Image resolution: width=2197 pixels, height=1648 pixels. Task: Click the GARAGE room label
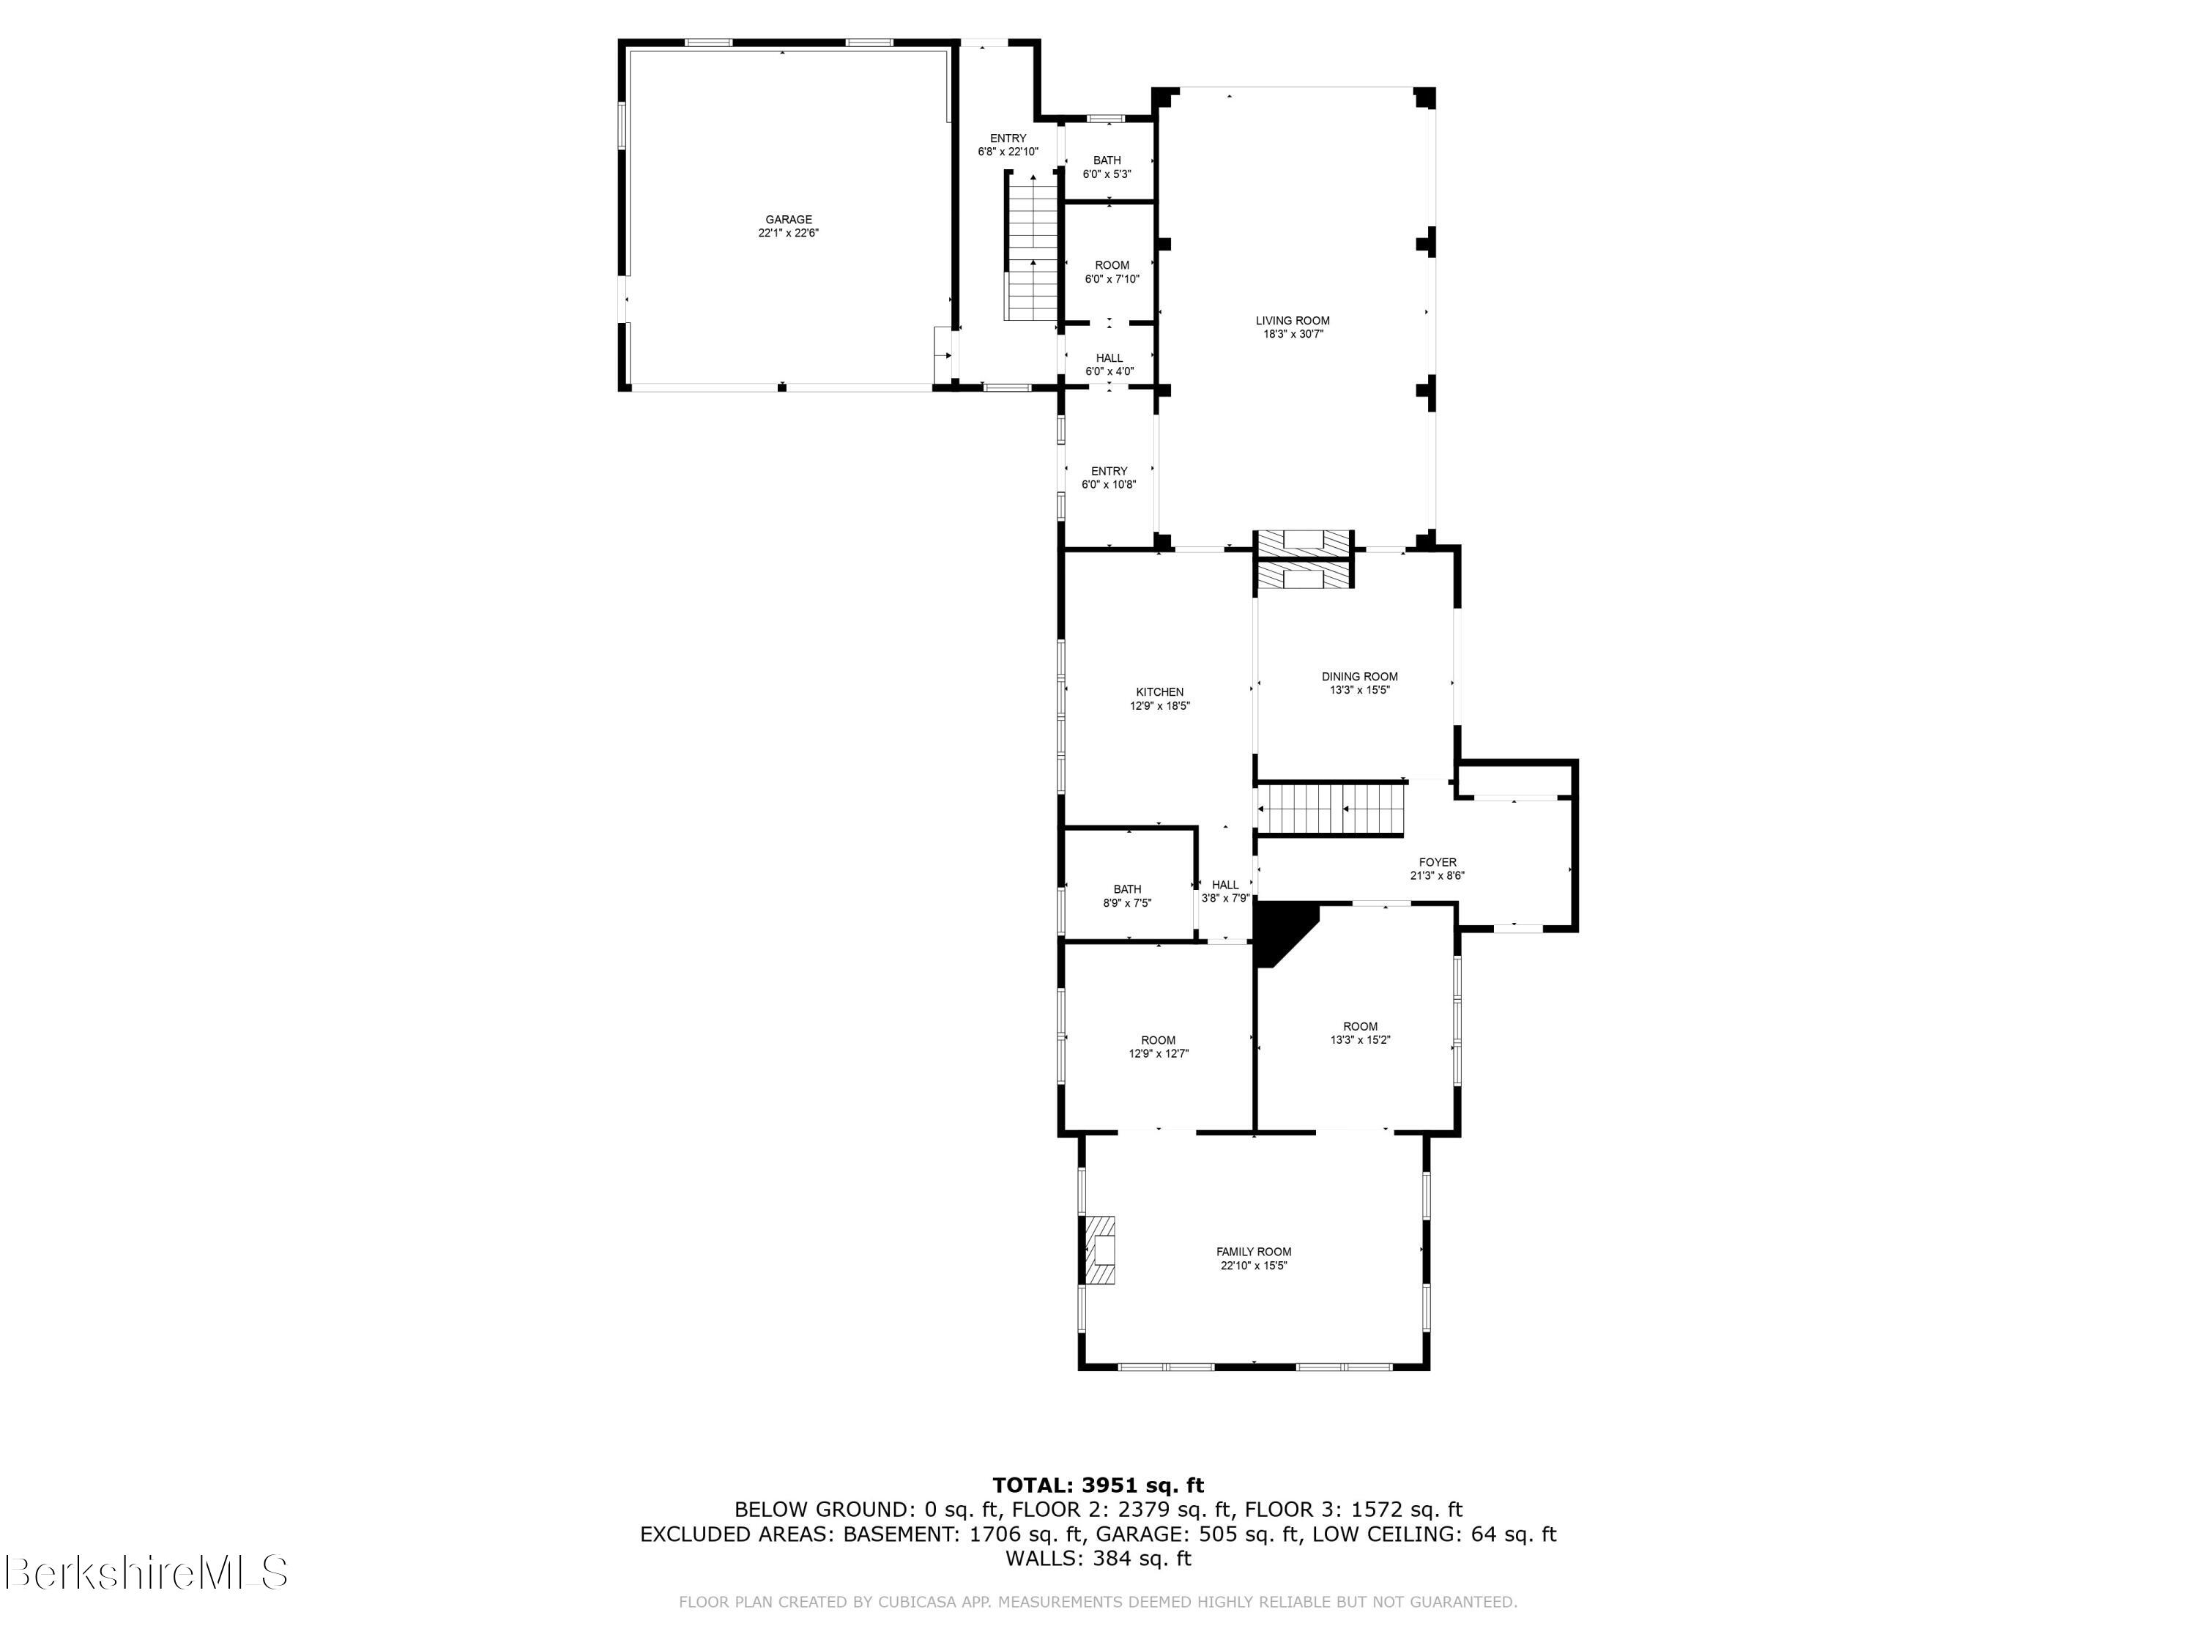coord(787,226)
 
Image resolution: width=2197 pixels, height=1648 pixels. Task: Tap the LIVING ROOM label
coord(1292,327)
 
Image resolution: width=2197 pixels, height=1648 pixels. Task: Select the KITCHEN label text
coord(1159,698)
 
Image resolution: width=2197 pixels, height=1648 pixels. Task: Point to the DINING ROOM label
coord(1358,683)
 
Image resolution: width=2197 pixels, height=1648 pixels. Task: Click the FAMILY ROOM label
coord(1254,1258)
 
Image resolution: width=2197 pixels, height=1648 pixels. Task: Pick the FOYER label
coord(1436,868)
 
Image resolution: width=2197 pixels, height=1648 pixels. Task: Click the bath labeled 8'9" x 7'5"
coord(1126,896)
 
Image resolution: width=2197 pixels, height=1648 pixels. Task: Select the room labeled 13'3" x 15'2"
coord(1360,1033)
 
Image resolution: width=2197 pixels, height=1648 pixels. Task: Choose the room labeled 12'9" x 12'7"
coord(1158,1047)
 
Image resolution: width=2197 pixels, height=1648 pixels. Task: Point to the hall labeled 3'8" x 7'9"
coord(1224,890)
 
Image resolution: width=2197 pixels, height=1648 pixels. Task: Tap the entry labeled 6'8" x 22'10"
coord(1007,145)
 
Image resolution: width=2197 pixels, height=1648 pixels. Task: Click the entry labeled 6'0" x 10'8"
coord(1109,478)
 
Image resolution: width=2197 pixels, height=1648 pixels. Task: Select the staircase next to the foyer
coord(1331,809)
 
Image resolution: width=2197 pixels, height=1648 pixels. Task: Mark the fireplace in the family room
coord(1098,1250)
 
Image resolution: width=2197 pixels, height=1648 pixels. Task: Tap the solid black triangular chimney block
coord(1277,928)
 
